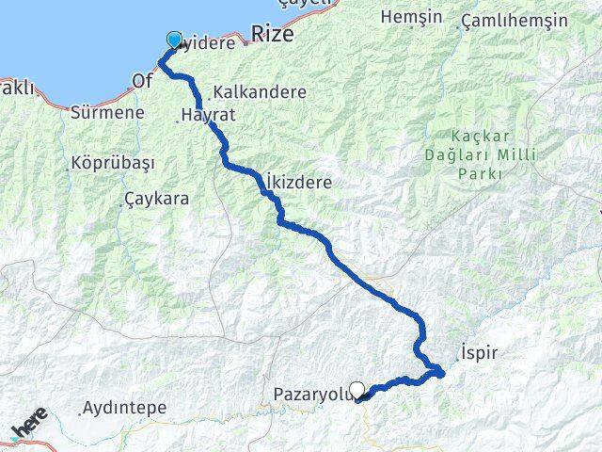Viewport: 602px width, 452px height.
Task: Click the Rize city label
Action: click(273, 34)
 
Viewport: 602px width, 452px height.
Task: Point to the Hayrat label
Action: click(209, 115)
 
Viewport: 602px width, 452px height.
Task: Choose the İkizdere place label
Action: click(299, 183)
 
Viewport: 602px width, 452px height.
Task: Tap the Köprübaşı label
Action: click(112, 162)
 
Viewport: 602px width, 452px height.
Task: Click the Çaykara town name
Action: click(156, 199)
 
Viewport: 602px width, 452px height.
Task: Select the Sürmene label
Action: click(107, 112)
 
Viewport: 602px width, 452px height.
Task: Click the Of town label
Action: click(142, 82)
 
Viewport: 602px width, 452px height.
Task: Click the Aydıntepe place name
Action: click(124, 408)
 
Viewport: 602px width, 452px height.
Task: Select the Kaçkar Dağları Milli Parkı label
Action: click(496, 154)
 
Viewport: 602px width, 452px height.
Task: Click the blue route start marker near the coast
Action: click(174, 40)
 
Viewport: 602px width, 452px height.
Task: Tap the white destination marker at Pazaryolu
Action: click(357, 389)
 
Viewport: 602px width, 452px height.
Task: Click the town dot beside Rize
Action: click(246, 41)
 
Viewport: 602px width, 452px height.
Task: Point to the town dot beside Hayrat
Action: click(180, 119)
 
